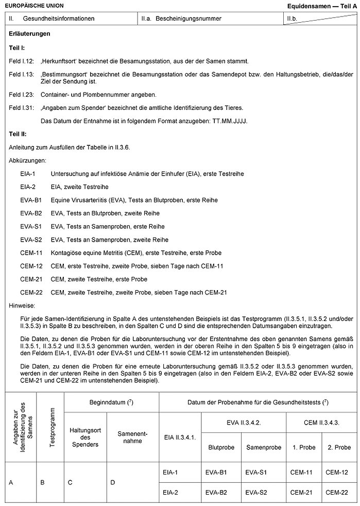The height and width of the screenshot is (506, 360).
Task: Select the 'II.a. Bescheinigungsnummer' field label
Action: pyautogui.click(x=181, y=19)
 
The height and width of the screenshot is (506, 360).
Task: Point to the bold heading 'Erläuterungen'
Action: pyautogui.click(x=29, y=34)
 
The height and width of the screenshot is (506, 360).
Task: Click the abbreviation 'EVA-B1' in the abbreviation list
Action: pyautogui.click(x=31, y=200)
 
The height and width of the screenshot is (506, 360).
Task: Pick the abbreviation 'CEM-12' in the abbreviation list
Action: pyautogui.click(x=31, y=266)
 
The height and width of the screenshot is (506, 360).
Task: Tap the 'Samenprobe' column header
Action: pyautogui.click(x=261, y=447)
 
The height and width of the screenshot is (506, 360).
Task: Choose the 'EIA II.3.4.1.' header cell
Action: pyautogui.click(x=179, y=437)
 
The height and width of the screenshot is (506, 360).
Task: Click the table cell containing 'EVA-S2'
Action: pyautogui.click(x=256, y=492)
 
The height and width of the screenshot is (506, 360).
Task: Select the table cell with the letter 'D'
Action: pyautogui.click(x=113, y=482)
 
